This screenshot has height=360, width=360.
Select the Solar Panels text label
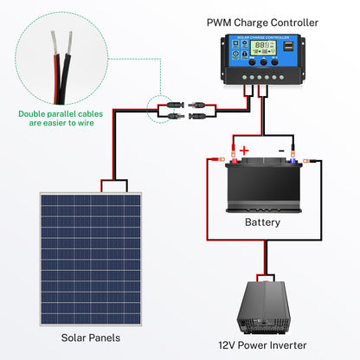(x=90, y=337)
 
